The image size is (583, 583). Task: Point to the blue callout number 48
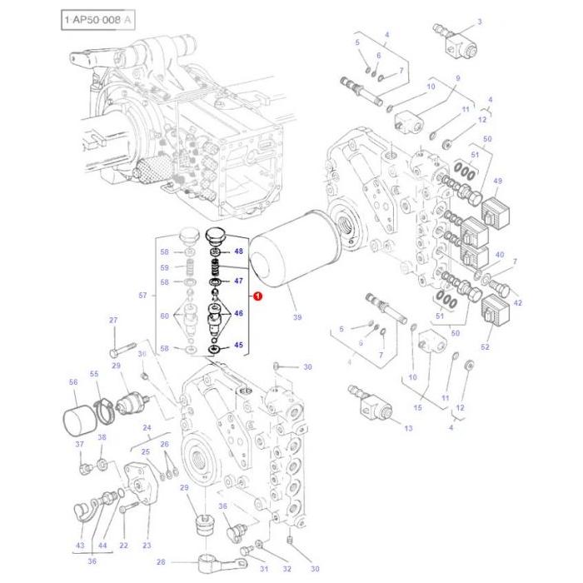[x=238, y=251]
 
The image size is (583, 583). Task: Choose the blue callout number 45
[x=238, y=345]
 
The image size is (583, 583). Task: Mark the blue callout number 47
[x=238, y=282]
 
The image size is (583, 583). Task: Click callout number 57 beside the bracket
[x=142, y=296]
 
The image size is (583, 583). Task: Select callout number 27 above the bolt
[x=113, y=320]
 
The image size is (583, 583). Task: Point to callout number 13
[x=408, y=428]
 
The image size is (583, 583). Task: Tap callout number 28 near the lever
[x=161, y=562]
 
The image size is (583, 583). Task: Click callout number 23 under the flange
[x=147, y=546]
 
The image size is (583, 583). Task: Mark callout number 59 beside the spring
[x=165, y=267]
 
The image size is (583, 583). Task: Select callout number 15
[x=418, y=407]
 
